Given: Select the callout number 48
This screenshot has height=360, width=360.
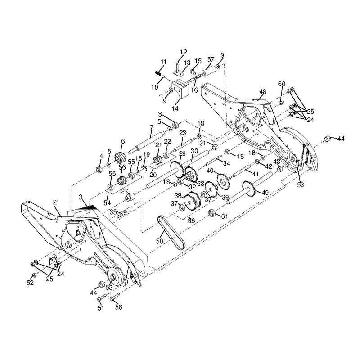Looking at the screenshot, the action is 263,92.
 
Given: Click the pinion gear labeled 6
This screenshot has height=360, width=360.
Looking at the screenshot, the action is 119,157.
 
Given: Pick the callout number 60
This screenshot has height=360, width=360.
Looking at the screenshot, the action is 282,84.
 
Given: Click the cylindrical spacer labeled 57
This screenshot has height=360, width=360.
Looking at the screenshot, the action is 209,70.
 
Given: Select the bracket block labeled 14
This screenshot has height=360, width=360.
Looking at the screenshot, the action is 180,89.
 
